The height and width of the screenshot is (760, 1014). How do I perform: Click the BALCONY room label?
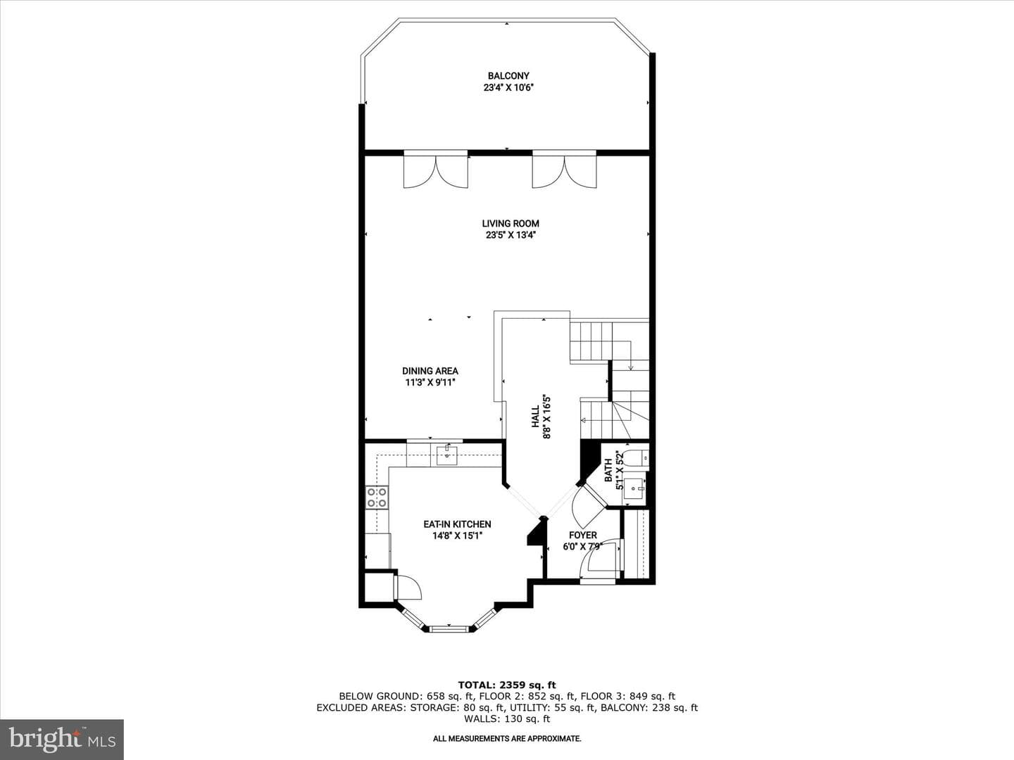[x=508, y=76]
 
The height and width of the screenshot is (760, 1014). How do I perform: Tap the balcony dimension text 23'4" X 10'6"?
[x=508, y=88]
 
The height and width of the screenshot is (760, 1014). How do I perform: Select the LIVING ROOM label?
[x=511, y=223]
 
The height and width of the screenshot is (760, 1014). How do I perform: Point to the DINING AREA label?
[x=430, y=371]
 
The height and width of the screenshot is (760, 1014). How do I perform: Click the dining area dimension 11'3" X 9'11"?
[x=430, y=383]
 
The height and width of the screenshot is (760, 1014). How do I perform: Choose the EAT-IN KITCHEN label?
[x=457, y=524]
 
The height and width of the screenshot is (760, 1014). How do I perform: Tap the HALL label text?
[x=535, y=416]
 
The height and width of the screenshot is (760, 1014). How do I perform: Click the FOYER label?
[x=583, y=536]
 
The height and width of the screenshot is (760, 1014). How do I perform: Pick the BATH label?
[x=608, y=470]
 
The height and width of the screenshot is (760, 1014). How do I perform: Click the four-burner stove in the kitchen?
[x=377, y=498]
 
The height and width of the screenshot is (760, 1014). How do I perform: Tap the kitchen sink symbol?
[x=446, y=455]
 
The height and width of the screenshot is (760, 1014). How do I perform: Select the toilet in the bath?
[x=638, y=457]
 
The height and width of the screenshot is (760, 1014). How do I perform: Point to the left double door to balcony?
[x=436, y=169]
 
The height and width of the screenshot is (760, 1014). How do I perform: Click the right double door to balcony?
[x=564, y=169]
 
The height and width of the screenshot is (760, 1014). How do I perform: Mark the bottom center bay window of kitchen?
[x=450, y=628]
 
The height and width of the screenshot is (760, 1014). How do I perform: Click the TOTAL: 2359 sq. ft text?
[x=507, y=685]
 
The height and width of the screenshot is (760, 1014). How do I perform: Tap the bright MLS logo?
[x=62, y=739]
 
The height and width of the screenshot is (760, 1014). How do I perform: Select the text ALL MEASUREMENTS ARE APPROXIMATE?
[x=507, y=739]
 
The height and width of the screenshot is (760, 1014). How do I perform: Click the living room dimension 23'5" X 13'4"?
[x=511, y=235]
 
